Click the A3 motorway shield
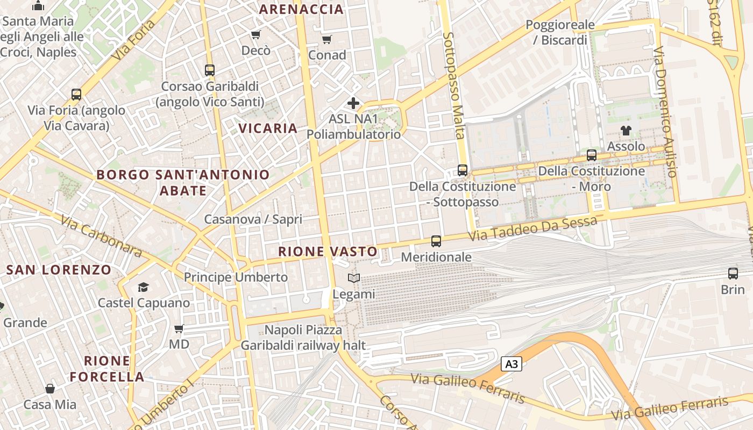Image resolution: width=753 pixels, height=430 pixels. pyautogui.click(x=512, y=364)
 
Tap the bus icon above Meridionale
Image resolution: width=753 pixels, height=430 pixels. pyautogui.click(x=436, y=241)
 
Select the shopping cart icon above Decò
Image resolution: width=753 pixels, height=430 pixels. pyautogui.click(x=255, y=35)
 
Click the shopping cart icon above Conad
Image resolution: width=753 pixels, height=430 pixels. pyautogui.click(x=326, y=39)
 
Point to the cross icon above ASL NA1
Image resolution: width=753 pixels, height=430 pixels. pyautogui.click(x=353, y=103)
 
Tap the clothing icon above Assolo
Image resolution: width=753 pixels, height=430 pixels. pyautogui.click(x=626, y=130)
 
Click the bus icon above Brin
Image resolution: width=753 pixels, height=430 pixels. pyautogui.click(x=733, y=274)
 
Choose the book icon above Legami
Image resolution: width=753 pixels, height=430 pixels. pyautogui.click(x=353, y=278)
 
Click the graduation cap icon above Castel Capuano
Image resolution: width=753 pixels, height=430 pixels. pyautogui.click(x=143, y=287)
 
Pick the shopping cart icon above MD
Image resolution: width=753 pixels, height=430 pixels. pyautogui.click(x=179, y=328)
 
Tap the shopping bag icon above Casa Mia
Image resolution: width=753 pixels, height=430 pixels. pyautogui.click(x=50, y=389)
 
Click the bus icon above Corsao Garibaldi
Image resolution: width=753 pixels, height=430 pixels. pyautogui.click(x=210, y=70)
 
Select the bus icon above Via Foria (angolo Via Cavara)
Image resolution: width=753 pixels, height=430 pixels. pyautogui.click(x=76, y=95)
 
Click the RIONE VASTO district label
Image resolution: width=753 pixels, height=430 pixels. pyautogui.click(x=328, y=252)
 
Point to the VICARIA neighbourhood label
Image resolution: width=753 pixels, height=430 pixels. pyautogui.click(x=268, y=128)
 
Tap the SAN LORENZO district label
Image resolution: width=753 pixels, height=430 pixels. pyautogui.click(x=59, y=270)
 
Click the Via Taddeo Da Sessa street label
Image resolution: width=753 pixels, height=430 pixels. pyautogui.click(x=532, y=229)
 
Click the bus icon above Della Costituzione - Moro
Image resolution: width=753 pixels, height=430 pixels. pyautogui.click(x=592, y=155)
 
